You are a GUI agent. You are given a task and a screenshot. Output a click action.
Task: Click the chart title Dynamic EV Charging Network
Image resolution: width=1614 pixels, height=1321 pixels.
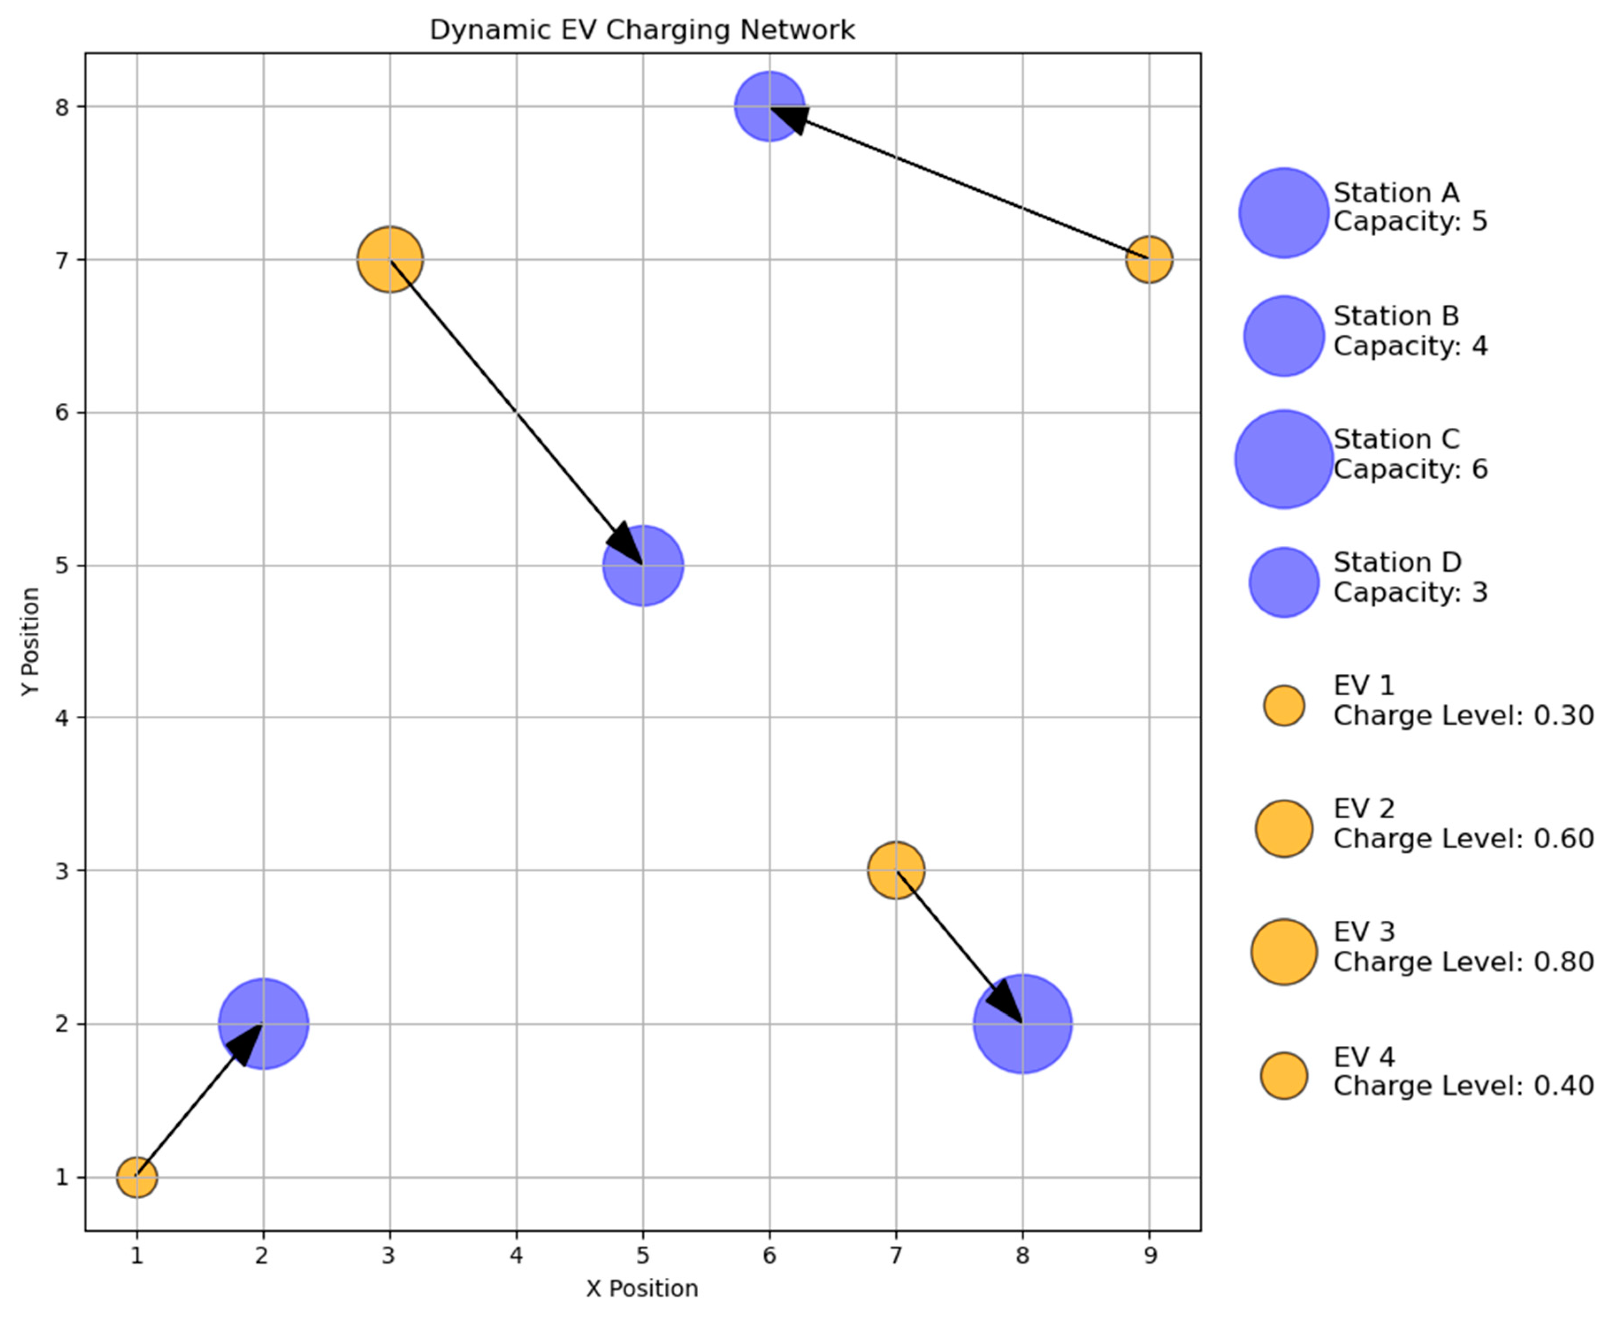(642, 30)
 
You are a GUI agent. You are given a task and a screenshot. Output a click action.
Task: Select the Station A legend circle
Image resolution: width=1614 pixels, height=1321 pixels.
(1284, 213)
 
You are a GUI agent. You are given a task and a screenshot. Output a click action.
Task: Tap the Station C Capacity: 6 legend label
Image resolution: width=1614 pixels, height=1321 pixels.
(1410, 454)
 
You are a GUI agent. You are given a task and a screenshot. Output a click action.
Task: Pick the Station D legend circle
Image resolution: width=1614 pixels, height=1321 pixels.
(1284, 582)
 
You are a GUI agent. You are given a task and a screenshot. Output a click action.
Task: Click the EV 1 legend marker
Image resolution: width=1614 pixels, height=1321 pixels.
(1284, 706)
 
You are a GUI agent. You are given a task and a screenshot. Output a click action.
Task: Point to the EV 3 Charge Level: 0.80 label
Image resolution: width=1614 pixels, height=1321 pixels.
(1462, 947)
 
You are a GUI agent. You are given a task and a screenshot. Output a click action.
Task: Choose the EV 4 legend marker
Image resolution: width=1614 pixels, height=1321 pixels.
(1284, 1076)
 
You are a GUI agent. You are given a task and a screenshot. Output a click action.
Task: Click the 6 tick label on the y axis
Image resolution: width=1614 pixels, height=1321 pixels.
(61, 413)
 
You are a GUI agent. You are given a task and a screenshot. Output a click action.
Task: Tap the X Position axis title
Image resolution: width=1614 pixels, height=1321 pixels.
(642, 1288)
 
